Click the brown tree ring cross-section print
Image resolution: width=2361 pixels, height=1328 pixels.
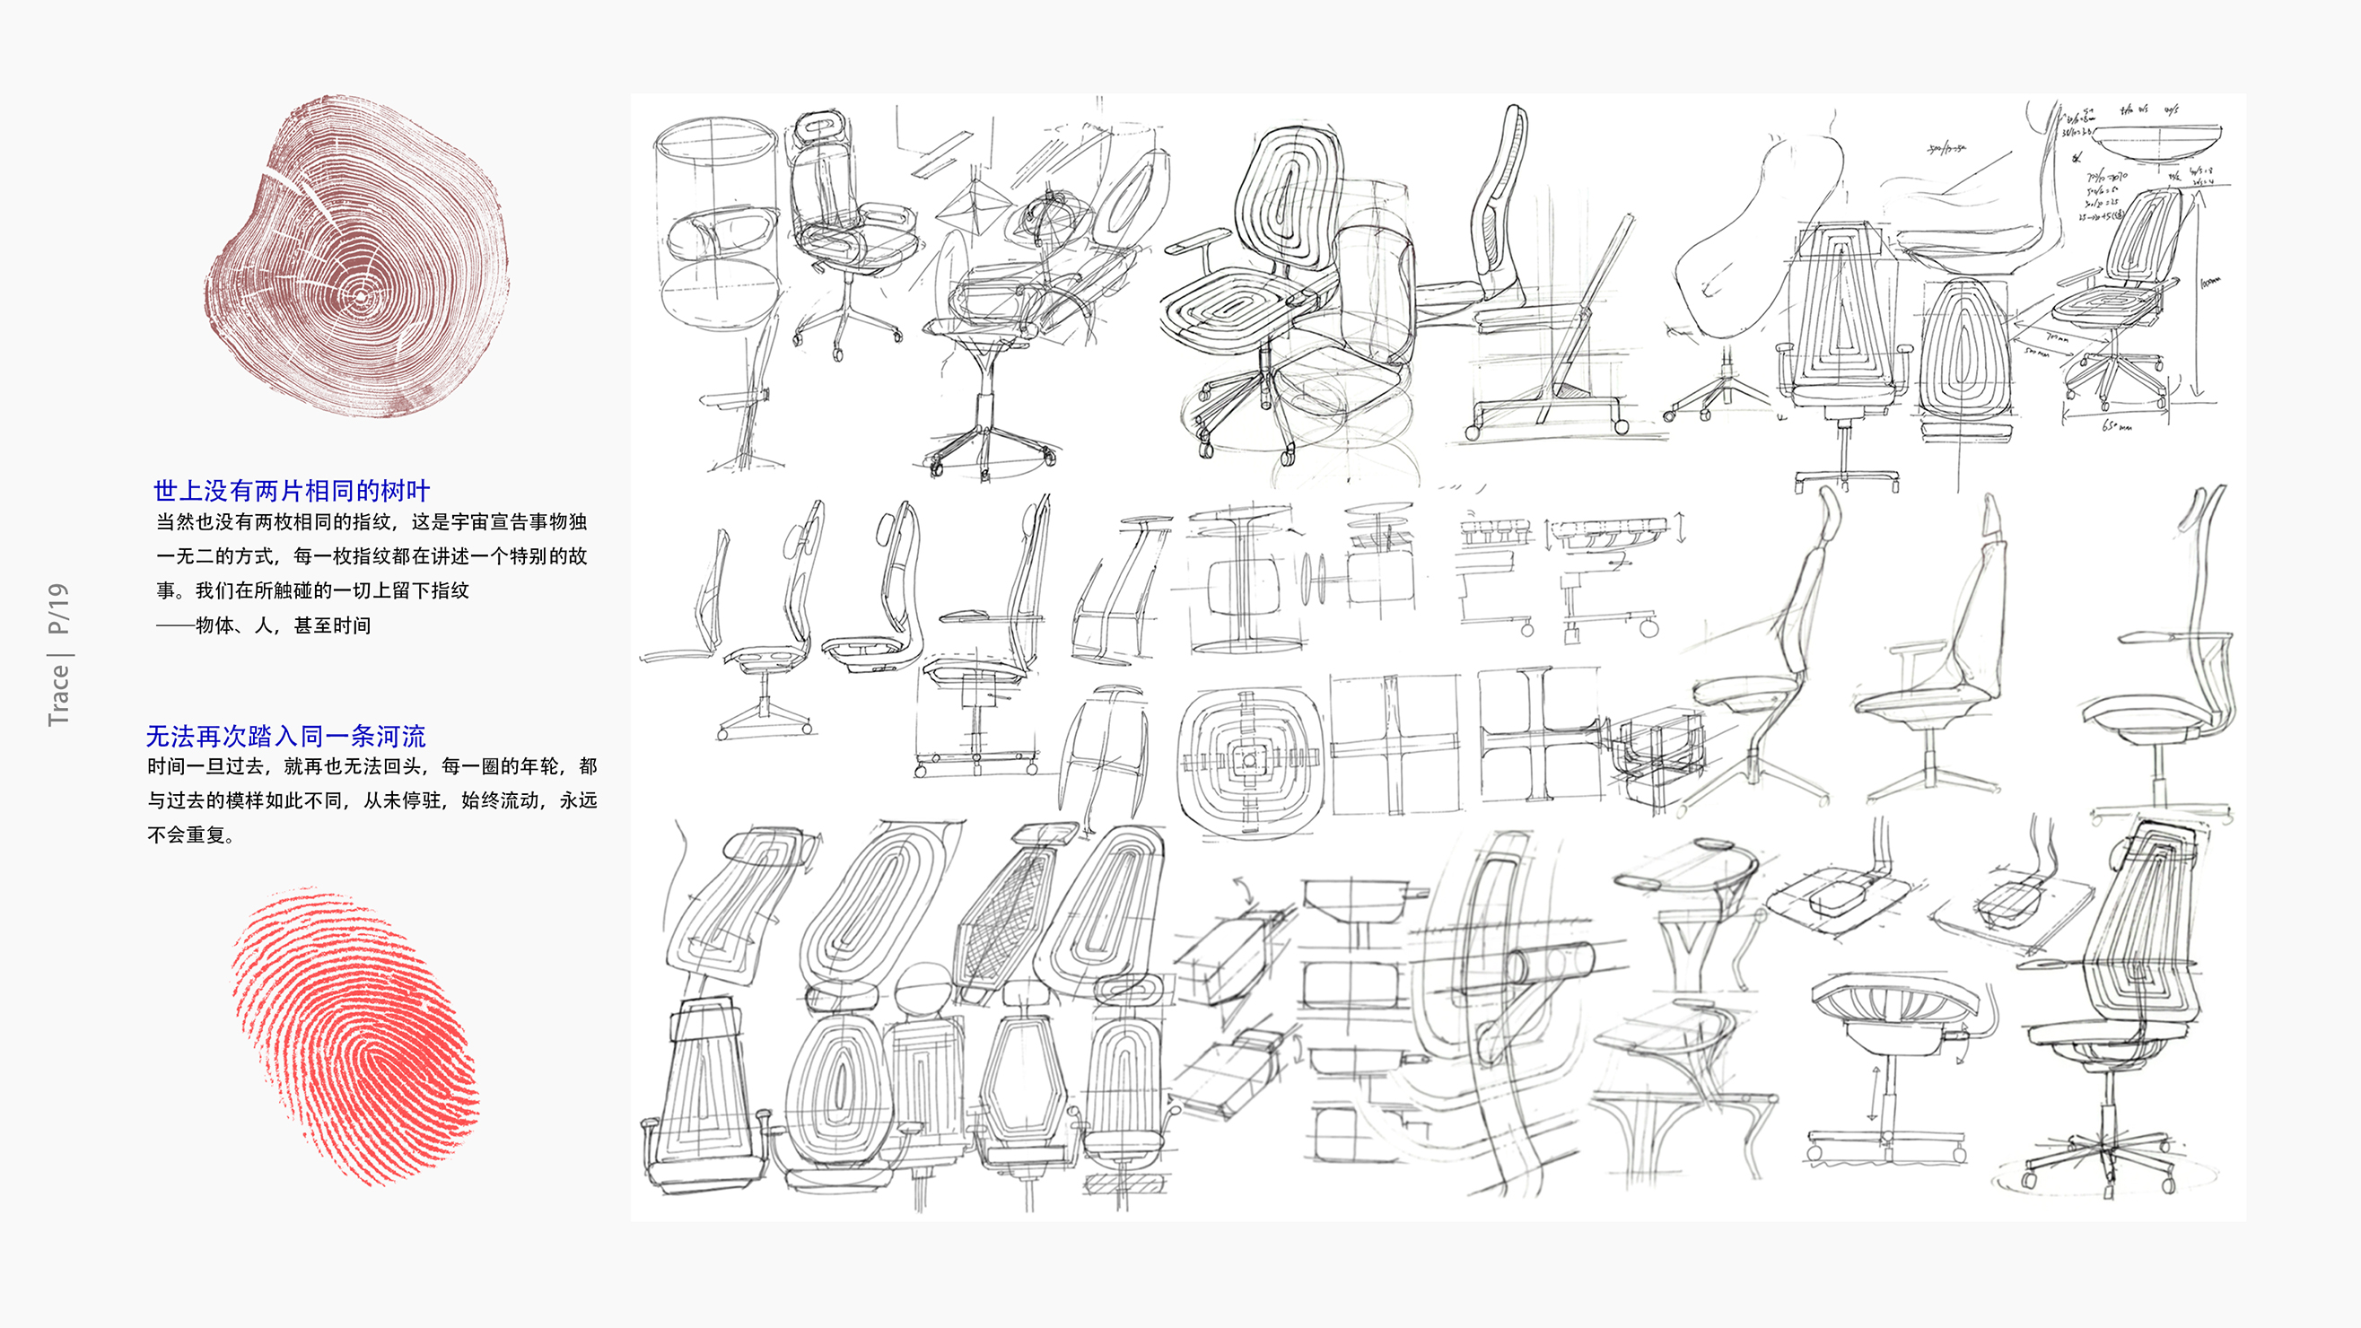[357, 257]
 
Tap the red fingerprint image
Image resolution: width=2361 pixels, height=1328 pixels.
[357, 1035]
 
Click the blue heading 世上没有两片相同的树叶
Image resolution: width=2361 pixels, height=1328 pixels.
[292, 491]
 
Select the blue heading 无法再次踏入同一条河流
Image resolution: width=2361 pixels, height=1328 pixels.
[285, 736]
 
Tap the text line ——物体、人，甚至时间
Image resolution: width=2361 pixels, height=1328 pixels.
[264, 626]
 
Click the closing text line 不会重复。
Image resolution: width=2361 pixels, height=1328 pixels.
[191, 834]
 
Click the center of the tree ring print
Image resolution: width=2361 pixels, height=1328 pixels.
[361, 297]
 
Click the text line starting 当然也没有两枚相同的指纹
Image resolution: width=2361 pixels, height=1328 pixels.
[372, 522]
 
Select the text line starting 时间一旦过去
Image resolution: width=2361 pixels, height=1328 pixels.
[372, 766]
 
